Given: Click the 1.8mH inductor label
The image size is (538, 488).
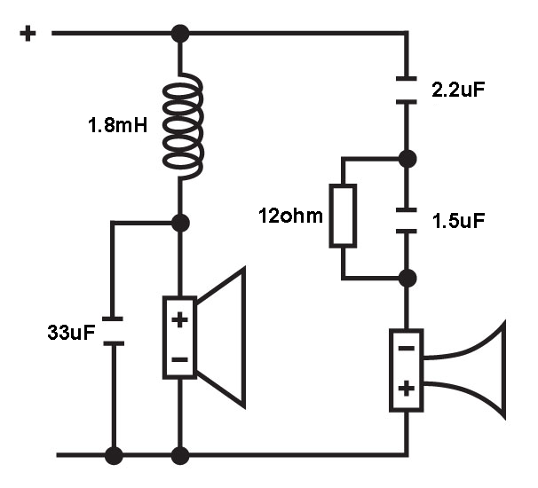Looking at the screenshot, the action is point(118,125).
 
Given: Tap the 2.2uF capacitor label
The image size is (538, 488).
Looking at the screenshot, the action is point(458,90).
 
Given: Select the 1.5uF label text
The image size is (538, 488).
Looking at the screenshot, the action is point(458,221).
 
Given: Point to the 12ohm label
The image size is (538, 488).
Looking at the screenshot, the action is point(290,216).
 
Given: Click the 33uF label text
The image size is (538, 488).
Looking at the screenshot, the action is point(71,332).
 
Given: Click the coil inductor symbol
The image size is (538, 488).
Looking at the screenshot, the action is point(183,125).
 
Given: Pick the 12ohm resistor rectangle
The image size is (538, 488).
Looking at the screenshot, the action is point(343,216).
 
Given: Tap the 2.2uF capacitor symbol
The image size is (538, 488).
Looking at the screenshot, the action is point(407,91).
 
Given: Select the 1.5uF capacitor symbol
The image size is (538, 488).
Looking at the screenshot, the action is point(407,221).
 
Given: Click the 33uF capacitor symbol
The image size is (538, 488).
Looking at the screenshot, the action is point(114,331).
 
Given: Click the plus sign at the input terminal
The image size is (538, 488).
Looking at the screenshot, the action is point(28,34).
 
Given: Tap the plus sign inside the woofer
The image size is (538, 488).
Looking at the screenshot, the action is point(179,320).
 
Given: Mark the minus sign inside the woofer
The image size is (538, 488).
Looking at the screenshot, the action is point(179,359).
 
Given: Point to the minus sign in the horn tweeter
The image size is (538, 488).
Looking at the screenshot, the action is point(407,349).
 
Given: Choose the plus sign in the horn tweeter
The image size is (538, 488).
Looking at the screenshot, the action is point(407,389).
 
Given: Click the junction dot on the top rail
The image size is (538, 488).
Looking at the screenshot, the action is point(180,34).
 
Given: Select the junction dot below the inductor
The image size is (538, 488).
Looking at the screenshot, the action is point(180,223).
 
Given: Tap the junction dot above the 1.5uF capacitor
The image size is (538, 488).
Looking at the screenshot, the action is point(407,159).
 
